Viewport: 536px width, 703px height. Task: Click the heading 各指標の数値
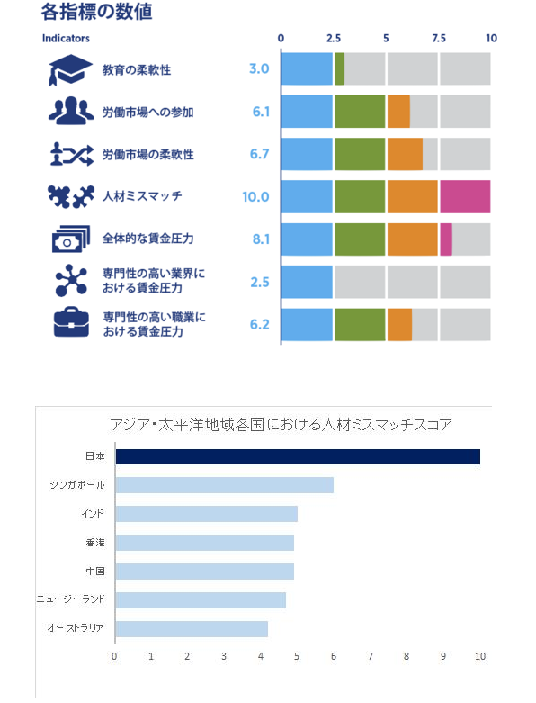(x=96, y=12)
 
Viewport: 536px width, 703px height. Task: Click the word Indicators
(x=66, y=39)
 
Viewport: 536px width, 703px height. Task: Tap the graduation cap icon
(x=70, y=70)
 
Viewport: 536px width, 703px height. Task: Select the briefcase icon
(x=70, y=323)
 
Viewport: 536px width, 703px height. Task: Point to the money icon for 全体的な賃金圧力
(x=70, y=239)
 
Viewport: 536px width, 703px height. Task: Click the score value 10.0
(x=255, y=196)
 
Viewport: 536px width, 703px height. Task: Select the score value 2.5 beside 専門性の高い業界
(x=260, y=282)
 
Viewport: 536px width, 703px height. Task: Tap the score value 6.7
(x=260, y=154)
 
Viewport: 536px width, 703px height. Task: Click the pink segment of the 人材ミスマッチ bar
(x=465, y=196)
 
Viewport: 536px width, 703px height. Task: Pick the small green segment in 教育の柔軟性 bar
(x=339, y=69)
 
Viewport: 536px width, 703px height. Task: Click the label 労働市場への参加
(x=147, y=113)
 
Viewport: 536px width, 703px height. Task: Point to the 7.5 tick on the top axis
(x=439, y=39)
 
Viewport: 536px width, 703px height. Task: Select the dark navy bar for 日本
(x=298, y=456)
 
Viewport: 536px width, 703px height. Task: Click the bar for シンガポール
(x=224, y=485)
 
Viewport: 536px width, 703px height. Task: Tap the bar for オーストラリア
(x=192, y=628)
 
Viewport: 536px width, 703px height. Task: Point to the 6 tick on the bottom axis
(x=334, y=656)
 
